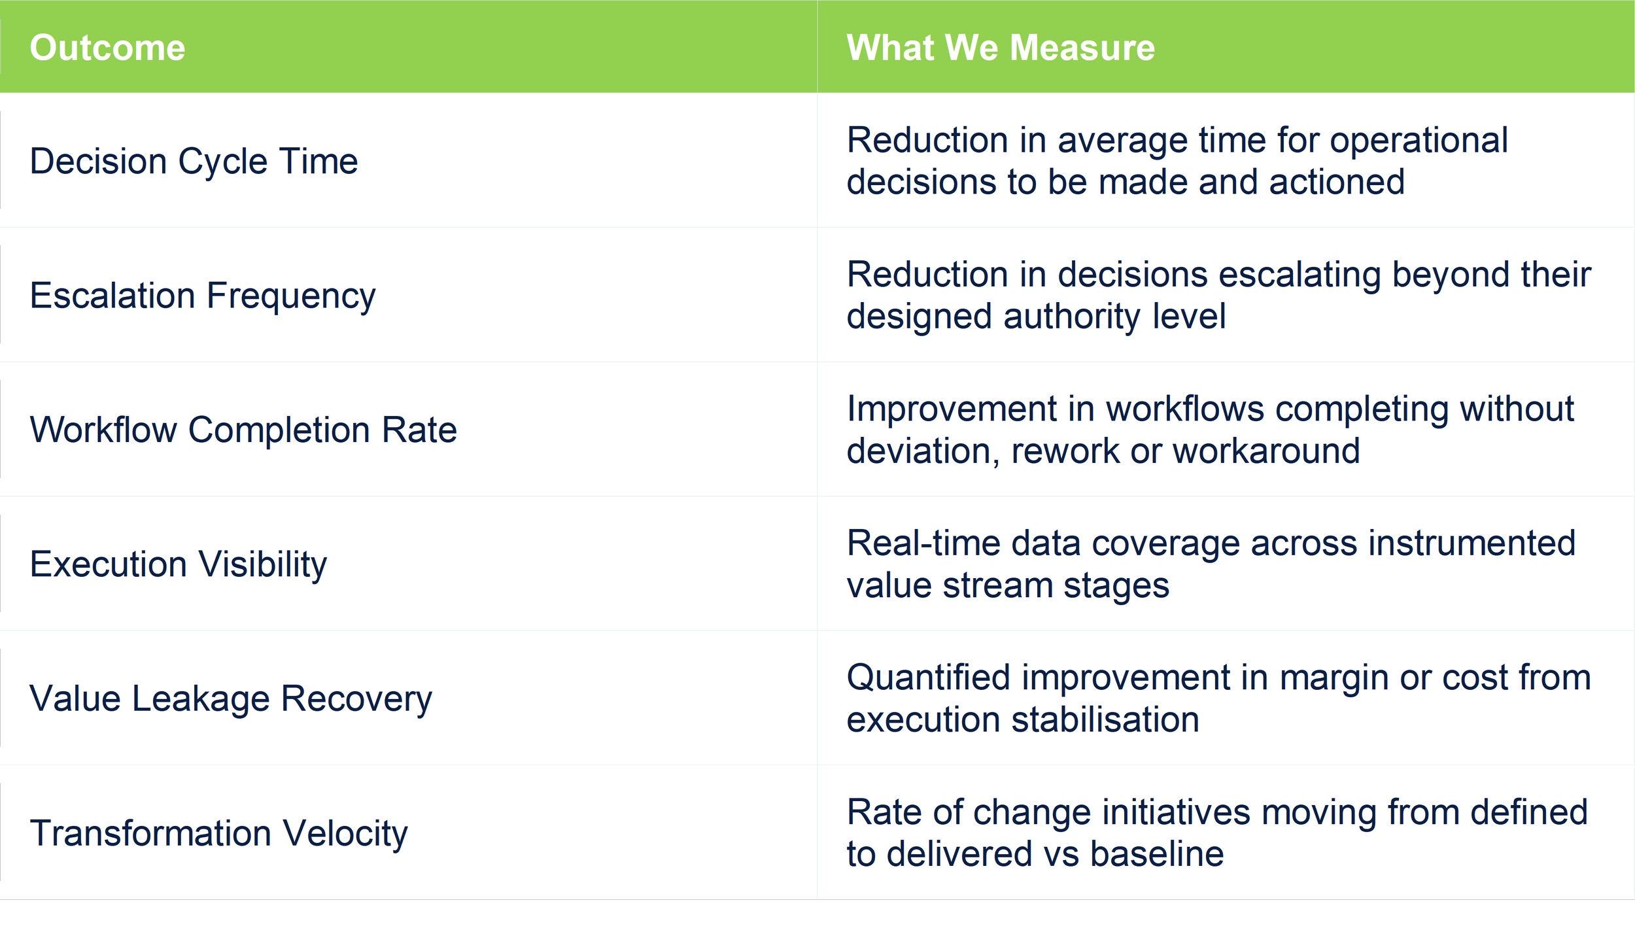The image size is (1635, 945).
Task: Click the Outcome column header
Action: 107,48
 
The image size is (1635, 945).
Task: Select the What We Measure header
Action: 1001,48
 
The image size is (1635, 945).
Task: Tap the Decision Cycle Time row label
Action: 194,161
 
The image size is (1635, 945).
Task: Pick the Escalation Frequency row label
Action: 203,296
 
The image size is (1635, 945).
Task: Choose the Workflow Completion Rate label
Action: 243,430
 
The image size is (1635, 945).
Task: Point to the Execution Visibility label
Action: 178,564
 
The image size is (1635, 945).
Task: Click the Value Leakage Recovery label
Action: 231,698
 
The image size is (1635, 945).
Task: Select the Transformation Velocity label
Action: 218,833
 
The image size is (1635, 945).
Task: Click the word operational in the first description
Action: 1419,140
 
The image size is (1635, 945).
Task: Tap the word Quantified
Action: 929,678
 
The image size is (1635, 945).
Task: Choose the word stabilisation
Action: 1105,719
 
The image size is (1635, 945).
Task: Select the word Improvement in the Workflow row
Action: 952,409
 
